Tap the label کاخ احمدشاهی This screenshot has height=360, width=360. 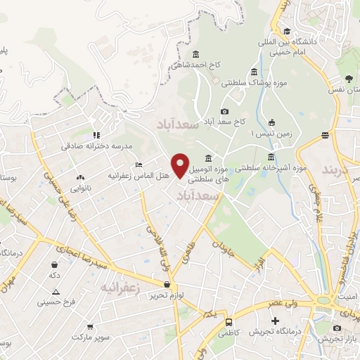click(x=195, y=65)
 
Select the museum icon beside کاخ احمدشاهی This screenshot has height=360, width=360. click(x=195, y=54)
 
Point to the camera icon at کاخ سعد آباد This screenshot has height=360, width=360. click(x=224, y=111)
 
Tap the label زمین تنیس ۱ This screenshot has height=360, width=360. click(x=271, y=131)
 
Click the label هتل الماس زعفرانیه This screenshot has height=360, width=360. click(x=138, y=174)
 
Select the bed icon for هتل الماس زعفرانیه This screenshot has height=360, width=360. click(x=138, y=164)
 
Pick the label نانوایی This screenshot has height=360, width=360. click(x=79, y=188)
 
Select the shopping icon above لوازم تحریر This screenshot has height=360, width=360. click(x=167, y=285)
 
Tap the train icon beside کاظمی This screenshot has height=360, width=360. click(x=229, y=322)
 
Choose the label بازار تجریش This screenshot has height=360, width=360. click(x=337, y=339)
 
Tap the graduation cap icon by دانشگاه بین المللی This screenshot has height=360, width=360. click(x=287, y=31)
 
